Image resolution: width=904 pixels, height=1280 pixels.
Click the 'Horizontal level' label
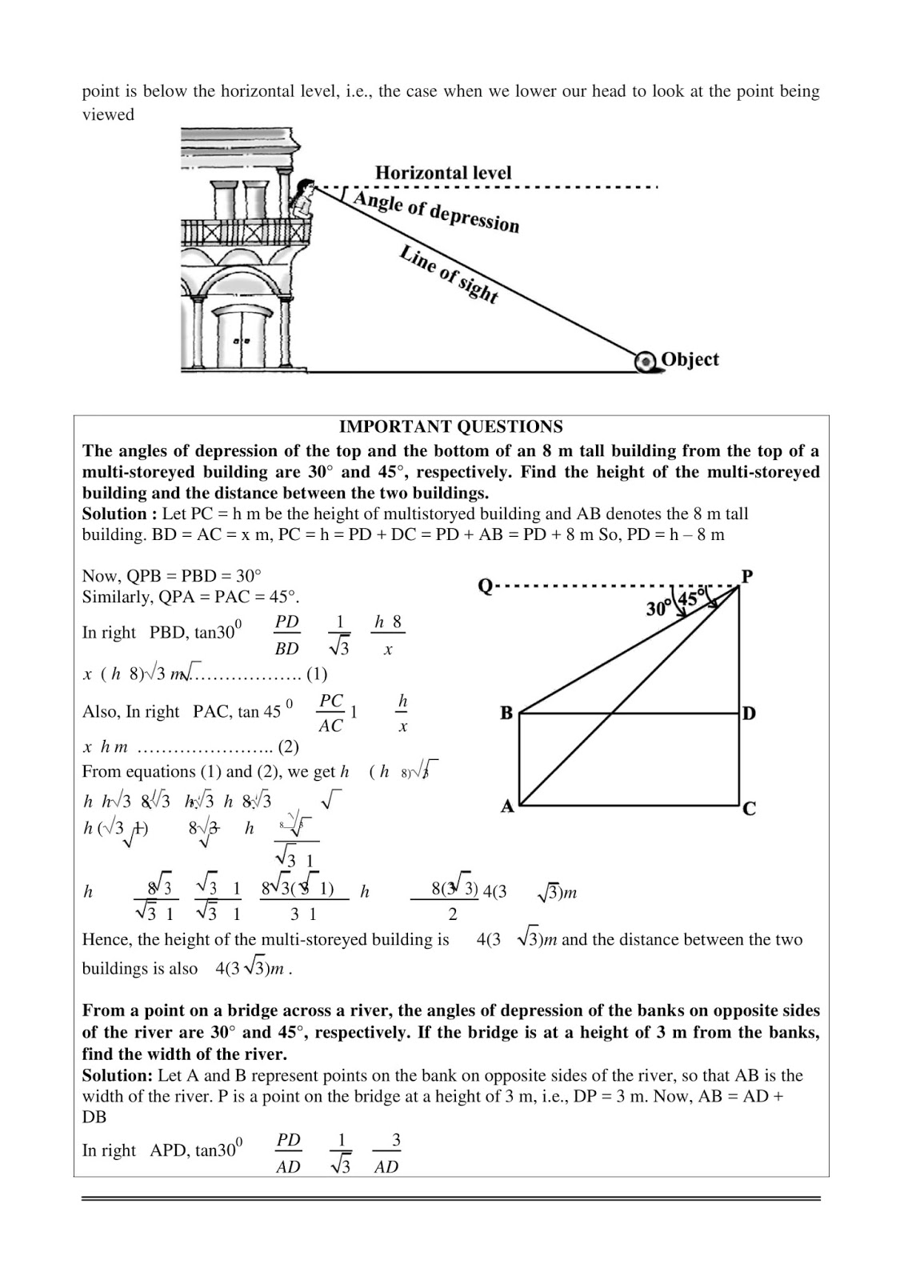(x=442, y=173)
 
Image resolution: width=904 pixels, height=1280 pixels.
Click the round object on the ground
(x=645, y=362)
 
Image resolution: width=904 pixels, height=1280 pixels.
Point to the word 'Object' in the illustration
(x=690, y=359)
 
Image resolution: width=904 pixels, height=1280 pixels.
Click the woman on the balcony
(x=302, y=199)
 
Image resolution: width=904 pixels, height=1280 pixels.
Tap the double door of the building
(x=240, y=339)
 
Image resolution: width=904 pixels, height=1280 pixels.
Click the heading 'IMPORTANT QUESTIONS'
(x=450, y=427)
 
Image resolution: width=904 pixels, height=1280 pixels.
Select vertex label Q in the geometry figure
(x=485, y=586)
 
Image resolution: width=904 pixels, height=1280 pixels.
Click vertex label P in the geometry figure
(x=747, y=577)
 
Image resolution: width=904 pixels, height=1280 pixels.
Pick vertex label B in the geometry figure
(x=506, y=713)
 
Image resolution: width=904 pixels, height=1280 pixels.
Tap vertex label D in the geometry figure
(x=749, y=713)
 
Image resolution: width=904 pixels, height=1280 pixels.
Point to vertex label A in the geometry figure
(x=506, y=806)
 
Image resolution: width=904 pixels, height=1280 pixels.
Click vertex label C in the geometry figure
(x=749, y=809)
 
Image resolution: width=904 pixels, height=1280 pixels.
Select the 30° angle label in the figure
(x=658, y=609)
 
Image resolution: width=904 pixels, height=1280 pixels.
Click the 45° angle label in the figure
(x=690, y=598)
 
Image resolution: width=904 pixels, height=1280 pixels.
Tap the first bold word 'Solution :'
(x=114, y=514)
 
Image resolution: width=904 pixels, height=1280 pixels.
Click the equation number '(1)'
(x=317, y=674)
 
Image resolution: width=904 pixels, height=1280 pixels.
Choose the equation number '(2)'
(x=288, y=747)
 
